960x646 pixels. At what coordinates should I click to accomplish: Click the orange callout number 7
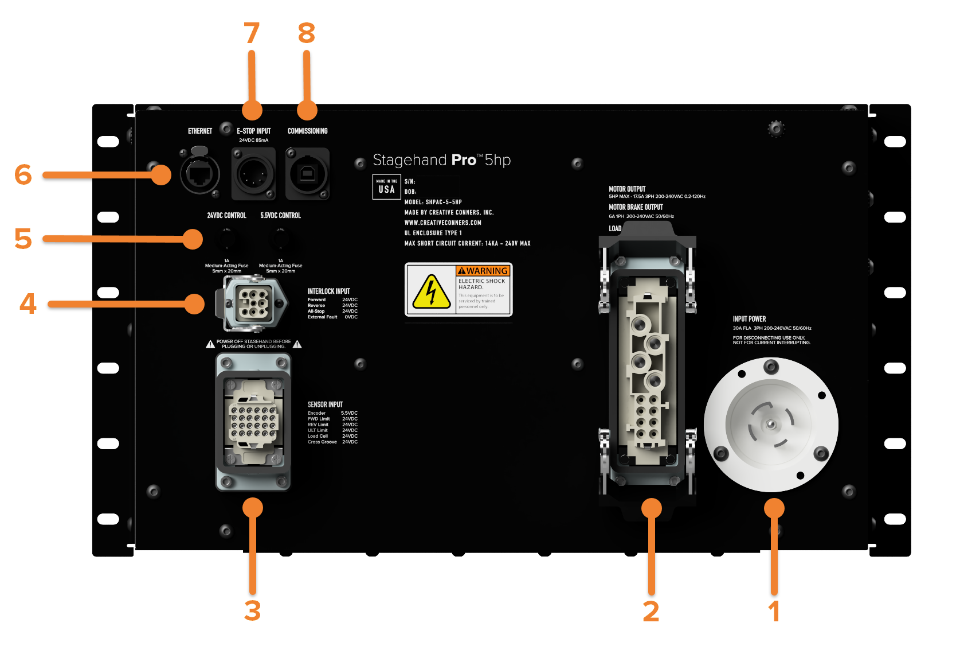tap(252, 33)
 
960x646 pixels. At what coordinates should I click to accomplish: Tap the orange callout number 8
tap(307, 33)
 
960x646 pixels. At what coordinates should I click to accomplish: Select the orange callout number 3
tap(252, 611)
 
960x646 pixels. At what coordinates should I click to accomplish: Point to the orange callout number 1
tap(774, 612)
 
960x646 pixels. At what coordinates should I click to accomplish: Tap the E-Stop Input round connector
tap(253, 173)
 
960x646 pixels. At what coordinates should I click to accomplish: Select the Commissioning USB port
tap(308, 173)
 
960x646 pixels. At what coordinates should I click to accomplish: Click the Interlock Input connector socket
tap(253, 302)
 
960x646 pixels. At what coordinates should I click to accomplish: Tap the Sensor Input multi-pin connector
tap(253, 422)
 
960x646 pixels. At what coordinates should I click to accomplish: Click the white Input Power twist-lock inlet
tap(771, 425)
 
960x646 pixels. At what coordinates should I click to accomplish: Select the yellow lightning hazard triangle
tap(431, 291)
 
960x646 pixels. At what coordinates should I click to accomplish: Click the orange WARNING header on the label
tap(483, 271)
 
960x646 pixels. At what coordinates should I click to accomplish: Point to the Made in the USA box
tap(386, 187)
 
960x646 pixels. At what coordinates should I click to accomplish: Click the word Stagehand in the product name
tap(409, 160)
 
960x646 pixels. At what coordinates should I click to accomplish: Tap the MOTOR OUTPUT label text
tap(627, 189)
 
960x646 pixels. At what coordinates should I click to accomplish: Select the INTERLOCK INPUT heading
tap(328, 291)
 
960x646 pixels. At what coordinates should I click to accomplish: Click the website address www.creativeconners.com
tap(442, 223)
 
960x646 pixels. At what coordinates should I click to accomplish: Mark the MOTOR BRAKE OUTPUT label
tap(636, 207)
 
